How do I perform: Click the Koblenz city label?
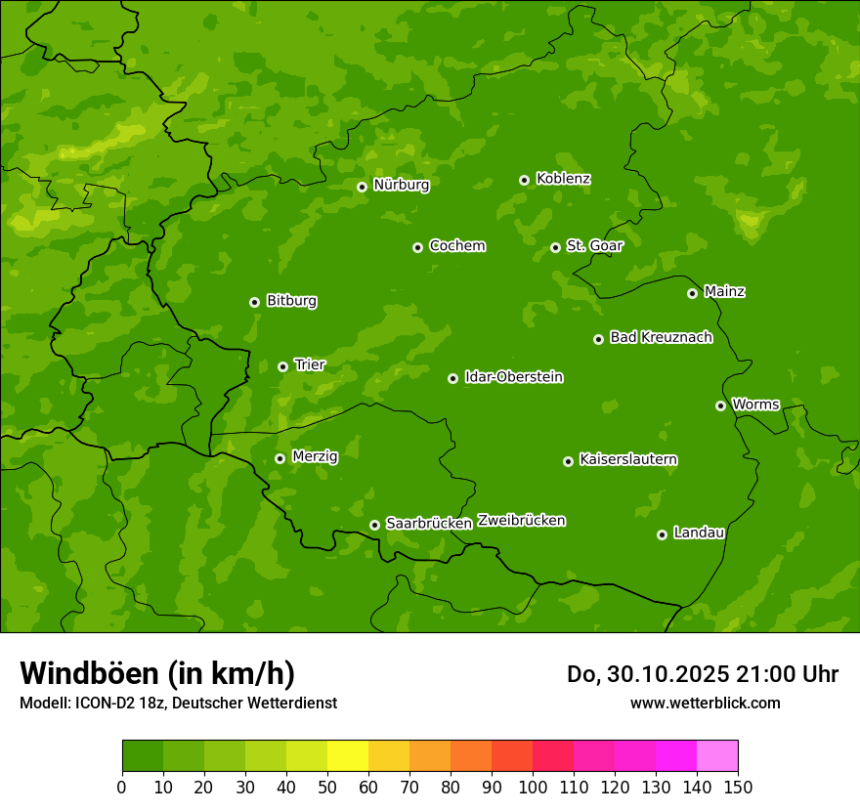pos(563,179)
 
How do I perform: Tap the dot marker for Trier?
pos(283,366)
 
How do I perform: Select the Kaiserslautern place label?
pos(628,459)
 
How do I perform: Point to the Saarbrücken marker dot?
pos(374,525)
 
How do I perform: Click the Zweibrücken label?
pos(521,521)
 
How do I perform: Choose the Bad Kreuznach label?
pos(661,337)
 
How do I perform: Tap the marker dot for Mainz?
pos(692,293)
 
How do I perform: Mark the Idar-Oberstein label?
pos(513,377)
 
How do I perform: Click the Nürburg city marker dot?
pos(362,187)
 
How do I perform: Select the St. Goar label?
pos(594,245)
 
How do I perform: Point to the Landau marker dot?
pos(662,534)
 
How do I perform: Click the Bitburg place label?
pos(291,301)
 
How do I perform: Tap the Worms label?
pos(755,404)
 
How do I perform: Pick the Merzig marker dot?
pos(279,458)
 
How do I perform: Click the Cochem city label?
pos(456,245)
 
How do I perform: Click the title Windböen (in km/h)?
pos(157,673)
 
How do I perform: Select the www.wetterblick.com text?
pos(705,703)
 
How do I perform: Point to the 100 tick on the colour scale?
pos(533,787)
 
